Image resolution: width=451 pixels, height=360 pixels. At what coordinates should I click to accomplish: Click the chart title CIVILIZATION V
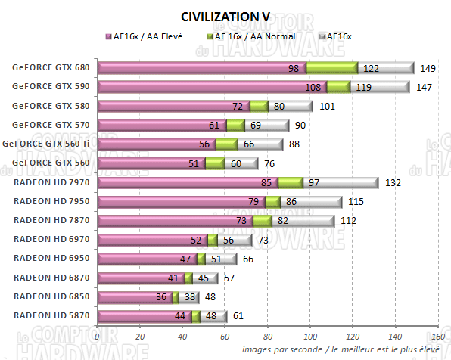[x=225, y=16]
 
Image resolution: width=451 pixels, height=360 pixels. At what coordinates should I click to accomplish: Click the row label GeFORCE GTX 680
[x=50, y=67]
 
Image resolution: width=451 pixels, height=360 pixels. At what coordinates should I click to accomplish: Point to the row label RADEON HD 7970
[x=50, y=182]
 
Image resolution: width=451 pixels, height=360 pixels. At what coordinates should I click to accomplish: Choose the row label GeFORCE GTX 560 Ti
[x=46, y=144]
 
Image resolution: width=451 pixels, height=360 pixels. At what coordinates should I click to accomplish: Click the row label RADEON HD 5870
[x=50, y=316]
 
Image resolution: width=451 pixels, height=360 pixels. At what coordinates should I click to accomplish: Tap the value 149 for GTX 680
[x=428, y=68]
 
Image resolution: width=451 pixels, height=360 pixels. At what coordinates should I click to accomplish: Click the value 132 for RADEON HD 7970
[x=392, y=182]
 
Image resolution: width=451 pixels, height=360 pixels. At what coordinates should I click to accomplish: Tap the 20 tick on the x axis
[x=140, y=337]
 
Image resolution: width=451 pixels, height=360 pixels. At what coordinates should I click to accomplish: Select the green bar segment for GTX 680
[x=331, y=68]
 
